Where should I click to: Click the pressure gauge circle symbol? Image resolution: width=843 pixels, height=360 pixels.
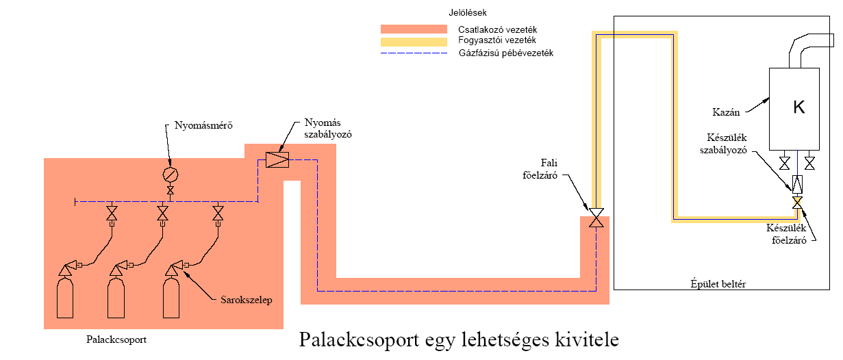[170, 175]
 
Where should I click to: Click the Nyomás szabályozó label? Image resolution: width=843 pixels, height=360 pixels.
[327, 129]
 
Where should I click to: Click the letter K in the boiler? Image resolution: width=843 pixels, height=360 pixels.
[799, 107]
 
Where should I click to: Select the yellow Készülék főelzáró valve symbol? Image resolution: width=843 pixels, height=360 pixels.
[797, 203]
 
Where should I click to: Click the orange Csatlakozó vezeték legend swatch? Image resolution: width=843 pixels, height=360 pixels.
[414, 29]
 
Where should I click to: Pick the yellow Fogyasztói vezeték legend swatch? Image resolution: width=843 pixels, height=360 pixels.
[414, 41]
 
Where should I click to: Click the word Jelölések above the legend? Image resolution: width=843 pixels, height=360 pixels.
[464, 12]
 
